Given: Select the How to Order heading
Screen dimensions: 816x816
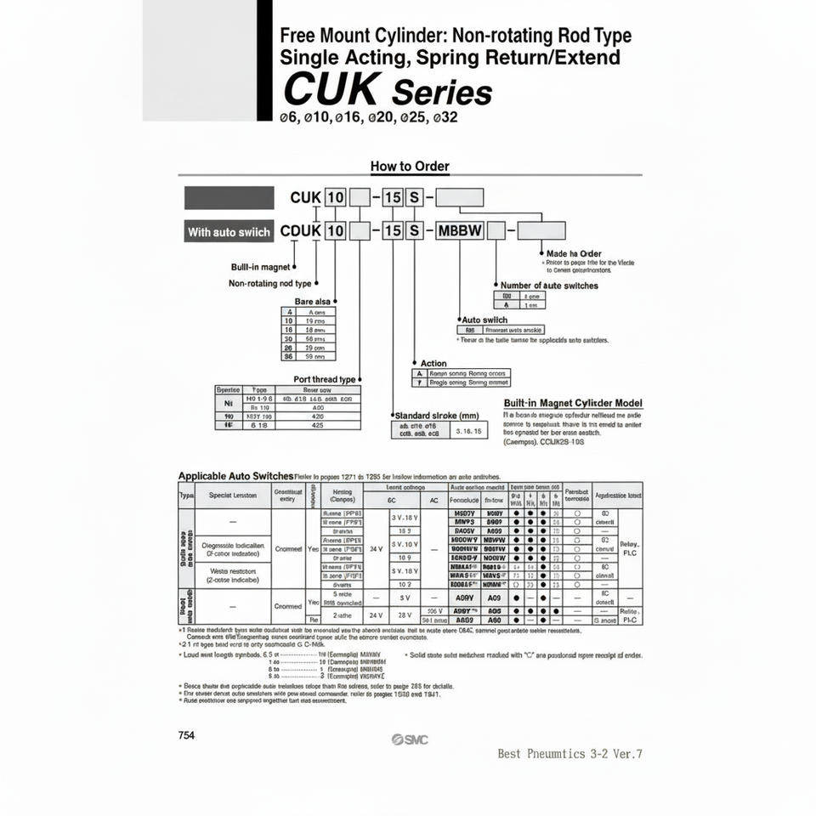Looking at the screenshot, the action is click(410, 167).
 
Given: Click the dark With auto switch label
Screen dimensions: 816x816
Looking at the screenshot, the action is click(229, 231).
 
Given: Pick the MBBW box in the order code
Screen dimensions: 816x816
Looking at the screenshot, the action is click(459, 230).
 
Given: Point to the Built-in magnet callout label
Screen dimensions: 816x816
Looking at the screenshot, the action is click(262, 267).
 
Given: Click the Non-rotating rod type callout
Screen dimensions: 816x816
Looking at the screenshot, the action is click(270, 283).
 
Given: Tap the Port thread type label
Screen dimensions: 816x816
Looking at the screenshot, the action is click(325, 379).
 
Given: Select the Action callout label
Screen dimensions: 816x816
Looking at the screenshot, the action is click(433, 363).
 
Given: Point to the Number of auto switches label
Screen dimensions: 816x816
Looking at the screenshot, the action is click(549, 286).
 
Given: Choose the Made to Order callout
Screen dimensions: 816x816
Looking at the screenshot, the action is click(574, 253).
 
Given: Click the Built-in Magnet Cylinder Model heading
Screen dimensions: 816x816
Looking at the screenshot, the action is click(573, 403).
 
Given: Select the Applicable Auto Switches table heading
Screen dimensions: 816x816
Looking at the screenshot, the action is click(235, 476).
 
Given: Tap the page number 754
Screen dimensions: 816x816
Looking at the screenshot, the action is click(187, 735).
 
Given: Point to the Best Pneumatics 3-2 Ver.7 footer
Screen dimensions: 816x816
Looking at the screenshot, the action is click(569, 753).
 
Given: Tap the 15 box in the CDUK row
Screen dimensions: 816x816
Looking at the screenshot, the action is click(392, 230).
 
